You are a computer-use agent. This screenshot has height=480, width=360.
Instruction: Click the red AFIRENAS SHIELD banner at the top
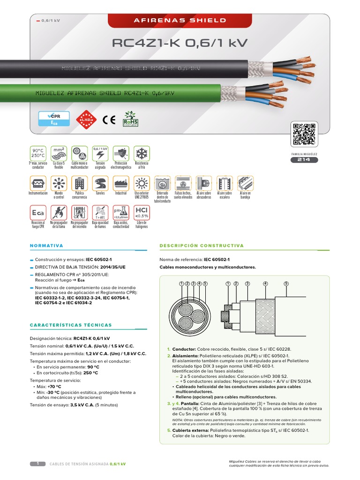coord(180,21)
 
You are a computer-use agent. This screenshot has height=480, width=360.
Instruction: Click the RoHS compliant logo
coord(131,120)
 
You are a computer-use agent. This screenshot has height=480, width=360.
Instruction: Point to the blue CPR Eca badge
coord(54,119)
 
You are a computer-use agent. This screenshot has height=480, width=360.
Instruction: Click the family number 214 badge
coord(304,160)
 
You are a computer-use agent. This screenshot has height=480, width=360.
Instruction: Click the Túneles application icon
coord(100,183)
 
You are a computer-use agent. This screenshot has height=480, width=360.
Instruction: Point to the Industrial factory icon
coord(120,183)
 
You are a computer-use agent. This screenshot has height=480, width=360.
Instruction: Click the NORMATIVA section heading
coord(46,246)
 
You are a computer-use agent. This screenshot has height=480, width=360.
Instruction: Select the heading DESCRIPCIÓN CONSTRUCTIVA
coord(202,246)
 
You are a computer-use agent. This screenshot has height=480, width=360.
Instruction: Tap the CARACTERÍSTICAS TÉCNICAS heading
coord(71,325)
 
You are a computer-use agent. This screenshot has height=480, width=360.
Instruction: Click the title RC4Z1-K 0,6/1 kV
coord(180,44)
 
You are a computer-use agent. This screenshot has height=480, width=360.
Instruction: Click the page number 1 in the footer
coord(37,464)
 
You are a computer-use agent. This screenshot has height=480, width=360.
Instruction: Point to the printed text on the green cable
coord(105,93)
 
